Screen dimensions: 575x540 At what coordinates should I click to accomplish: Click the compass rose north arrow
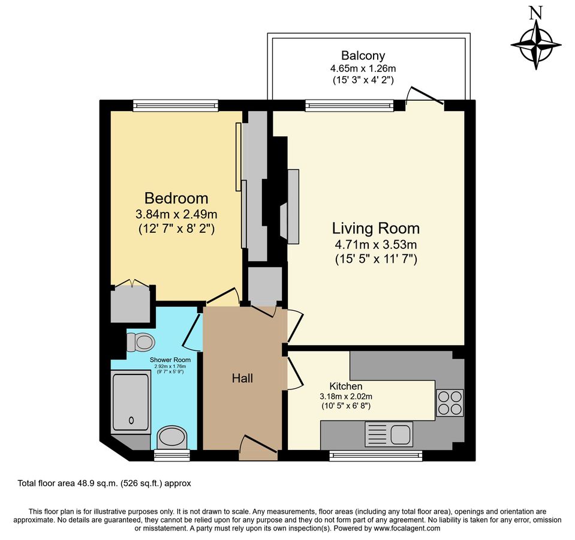536,45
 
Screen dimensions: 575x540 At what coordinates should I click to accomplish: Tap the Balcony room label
363,55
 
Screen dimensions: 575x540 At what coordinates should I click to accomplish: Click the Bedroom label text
176,198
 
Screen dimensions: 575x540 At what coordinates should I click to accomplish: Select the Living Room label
376,228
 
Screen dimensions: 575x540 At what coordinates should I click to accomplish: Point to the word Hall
242,378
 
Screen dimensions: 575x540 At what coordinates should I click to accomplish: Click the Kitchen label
346,386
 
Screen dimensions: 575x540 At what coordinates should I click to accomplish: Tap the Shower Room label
170,360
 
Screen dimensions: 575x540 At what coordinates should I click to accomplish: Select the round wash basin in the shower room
172,437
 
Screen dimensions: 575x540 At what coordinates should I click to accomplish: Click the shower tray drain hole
131,421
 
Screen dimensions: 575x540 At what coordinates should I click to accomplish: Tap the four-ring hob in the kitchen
450,403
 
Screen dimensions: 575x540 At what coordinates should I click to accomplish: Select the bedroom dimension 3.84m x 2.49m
176,214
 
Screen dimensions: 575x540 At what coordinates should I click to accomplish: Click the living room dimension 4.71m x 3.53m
376,244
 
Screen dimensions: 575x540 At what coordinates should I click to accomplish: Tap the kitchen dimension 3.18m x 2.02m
346,397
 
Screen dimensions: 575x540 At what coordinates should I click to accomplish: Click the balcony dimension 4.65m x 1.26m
363,68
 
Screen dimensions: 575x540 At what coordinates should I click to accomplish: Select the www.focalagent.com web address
407,528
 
